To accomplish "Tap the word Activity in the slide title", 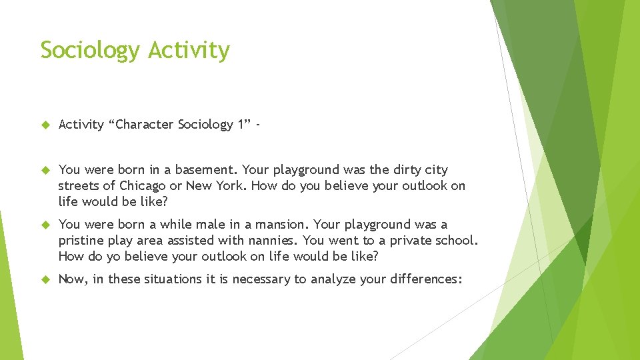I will click(189, 51).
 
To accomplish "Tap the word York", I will click(230, 185).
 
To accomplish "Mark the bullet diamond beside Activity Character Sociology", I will click(45, 125).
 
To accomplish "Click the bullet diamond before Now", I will click(45, 279).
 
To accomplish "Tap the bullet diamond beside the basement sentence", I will click(45, 170).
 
